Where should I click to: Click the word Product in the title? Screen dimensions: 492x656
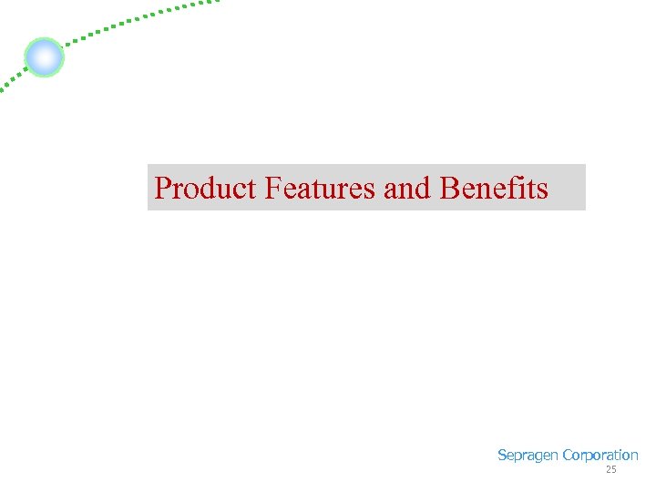pyautogui.click(x=207, y=188)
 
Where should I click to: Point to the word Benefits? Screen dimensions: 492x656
pyautogui.click(x=494, y=188)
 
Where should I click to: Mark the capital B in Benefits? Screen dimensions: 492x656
pyautogui.click(x=448, y=188)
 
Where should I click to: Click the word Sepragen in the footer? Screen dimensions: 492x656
pyautogui.click(x=528, y=456)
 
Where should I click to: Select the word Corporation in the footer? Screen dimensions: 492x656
pyautogui.click(x=600, y=456)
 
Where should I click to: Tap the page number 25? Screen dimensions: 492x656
pyautogui.click(x=610, y=470)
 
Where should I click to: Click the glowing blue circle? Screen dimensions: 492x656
pyautogui.click(x=44, y=57)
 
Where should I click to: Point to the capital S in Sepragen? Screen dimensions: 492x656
pyautogui.click(x=502, y=456)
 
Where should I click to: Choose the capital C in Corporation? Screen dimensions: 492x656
pyautogui.click(x=568, y=456)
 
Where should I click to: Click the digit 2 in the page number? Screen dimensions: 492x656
pyautogui.click(x=608, y=470)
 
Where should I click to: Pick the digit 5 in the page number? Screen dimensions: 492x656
pyautogui.click(x=613, y=470)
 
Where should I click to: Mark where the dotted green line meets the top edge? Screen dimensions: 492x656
pyautogui.click(x=217, y=2)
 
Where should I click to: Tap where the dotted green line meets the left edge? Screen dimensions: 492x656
pyautogui.click(x=2, y=91)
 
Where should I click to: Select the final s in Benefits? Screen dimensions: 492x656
pyautogui.click(x=543, y=189)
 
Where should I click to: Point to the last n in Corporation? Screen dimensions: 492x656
pyautogui.click(x=634, y=456)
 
